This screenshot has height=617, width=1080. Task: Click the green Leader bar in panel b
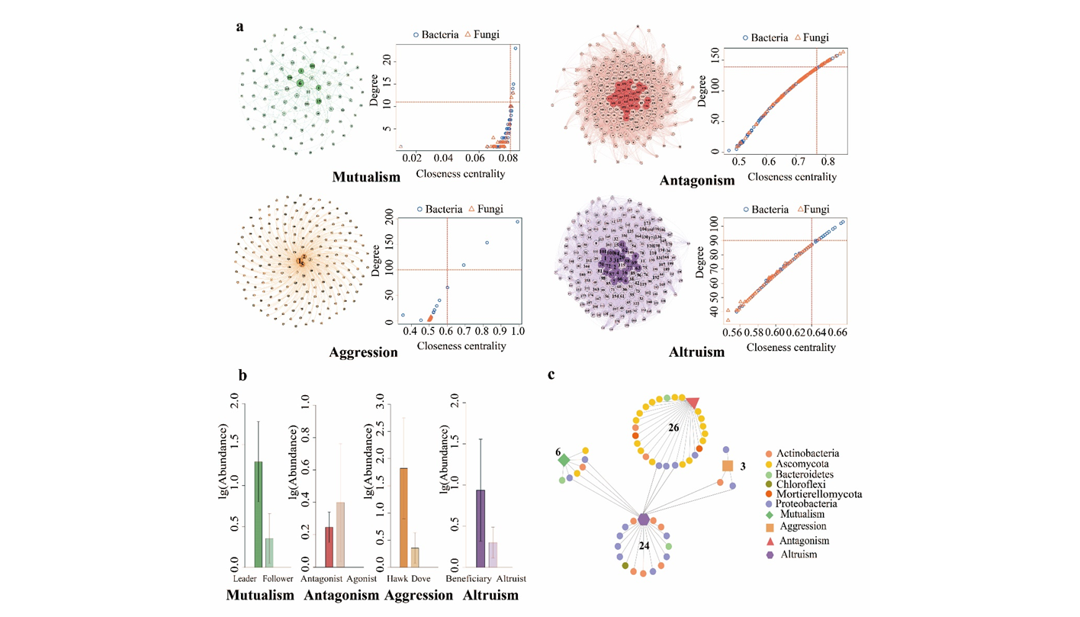click(x=259, y=514)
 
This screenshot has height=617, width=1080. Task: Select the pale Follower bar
click(x=268, y=552)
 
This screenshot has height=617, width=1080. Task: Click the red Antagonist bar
click(x=329, y=547)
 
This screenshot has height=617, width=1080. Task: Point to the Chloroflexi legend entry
click(x=803, y=484)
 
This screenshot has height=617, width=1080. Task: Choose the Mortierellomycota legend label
click(x=818, y=494)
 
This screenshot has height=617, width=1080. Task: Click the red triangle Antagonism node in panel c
click(x=692, y=403)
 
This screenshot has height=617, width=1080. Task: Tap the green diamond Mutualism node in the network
click(x=564, y=460)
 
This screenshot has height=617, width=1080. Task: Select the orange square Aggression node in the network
click(x=728, y=466)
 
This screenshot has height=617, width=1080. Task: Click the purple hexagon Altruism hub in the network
click(x=644, y=519)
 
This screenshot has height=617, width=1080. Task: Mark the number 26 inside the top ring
click(x=673, y=429)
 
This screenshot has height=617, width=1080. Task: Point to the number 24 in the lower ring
click(x=644, y=546)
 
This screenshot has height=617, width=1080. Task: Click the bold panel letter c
click(x=551, y=374)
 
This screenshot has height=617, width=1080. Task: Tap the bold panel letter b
click(x=242, y=374)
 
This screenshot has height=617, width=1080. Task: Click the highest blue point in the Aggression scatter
click(x=517, y=222)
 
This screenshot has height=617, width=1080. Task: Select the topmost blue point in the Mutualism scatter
click(x=516, y=48)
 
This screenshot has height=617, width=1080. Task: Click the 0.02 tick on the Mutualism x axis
click(x=412, y=158)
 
